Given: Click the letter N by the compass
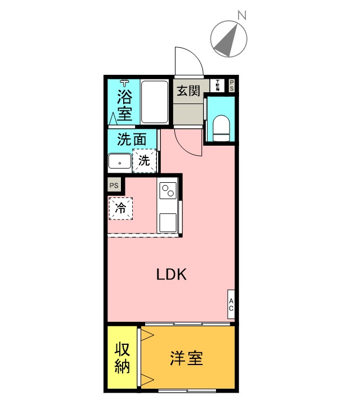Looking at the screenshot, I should coord(241,16).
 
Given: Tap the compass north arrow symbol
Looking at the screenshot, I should coord(228,39).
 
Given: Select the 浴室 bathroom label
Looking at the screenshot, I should coord(124,105).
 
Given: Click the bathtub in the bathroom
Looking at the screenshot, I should coord(154,102).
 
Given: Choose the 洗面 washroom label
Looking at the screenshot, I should coord(132,139).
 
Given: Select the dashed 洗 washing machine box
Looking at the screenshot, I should coord(144,160).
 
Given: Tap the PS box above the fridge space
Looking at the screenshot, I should coord(114,185).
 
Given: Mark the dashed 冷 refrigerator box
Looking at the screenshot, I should coord(120,208).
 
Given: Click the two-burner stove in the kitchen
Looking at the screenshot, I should coord(168,192).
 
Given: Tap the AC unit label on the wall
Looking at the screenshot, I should coord(231,304).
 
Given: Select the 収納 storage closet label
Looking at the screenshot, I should coord(123,358).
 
